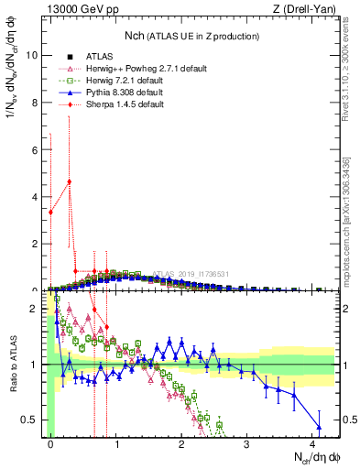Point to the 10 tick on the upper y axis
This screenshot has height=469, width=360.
pos(34,55)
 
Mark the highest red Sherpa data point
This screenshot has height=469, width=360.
pos(69,181)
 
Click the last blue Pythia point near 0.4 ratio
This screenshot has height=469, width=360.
pos(319,427)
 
